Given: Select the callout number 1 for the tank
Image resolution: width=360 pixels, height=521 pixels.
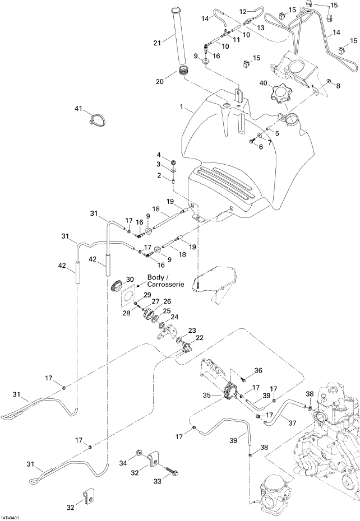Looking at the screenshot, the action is pos(181,107).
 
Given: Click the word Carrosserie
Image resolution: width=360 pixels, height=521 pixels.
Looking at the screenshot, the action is pos(165,285).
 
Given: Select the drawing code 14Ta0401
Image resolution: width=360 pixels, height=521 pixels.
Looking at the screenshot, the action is pos(10,517).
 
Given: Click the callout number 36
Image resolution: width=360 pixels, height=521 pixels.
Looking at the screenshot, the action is pos(258,370).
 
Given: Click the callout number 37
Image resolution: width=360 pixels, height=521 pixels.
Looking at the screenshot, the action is pos(292,423).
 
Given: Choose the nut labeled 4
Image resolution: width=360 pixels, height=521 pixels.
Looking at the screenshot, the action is pos(173,162).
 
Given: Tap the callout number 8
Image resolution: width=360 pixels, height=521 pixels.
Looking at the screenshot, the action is pos(338,86).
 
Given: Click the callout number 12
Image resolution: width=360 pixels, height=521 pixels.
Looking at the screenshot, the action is pos(243,12).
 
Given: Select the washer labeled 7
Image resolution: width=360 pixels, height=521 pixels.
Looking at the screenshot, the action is pos(259,136).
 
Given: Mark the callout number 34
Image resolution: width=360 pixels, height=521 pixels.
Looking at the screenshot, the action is pos(123,351).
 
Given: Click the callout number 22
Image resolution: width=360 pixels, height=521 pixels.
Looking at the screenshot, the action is pos(200,338).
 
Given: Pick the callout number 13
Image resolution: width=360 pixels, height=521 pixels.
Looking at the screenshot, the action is pos(261,28).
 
